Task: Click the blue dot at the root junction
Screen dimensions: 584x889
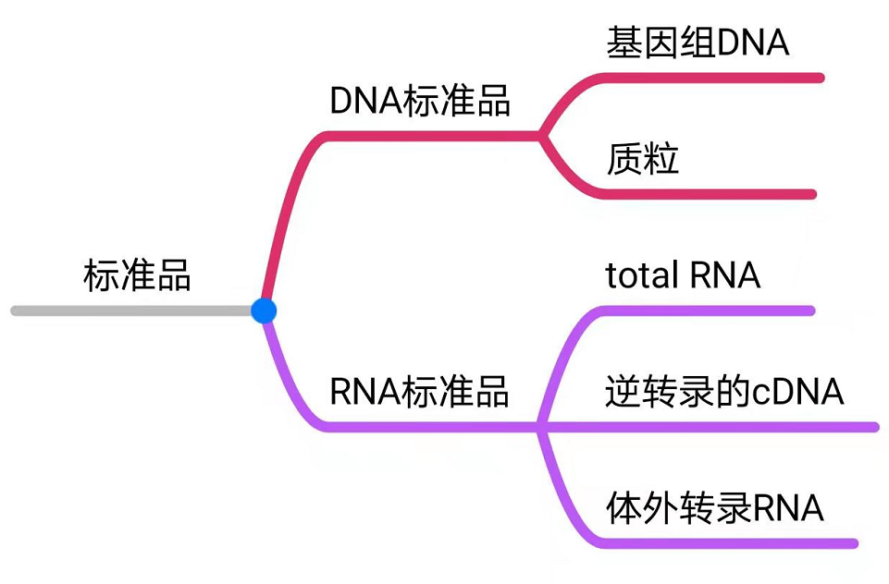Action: tap(264, 310)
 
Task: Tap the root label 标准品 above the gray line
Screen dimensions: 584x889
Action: tap(137, 275)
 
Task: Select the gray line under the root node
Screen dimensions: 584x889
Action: tap(130, 310)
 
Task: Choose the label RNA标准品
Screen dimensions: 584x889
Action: tap(420, 392)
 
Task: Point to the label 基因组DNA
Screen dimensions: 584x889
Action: tap(698, 43)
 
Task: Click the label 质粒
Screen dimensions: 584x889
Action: tap(643, 159)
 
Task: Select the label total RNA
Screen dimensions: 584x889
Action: tap(683, 275)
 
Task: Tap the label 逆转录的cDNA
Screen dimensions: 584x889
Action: tap(724, 392)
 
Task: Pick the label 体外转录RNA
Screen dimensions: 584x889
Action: tap(714, 508)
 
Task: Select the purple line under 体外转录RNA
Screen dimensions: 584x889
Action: tap(722, 543)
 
